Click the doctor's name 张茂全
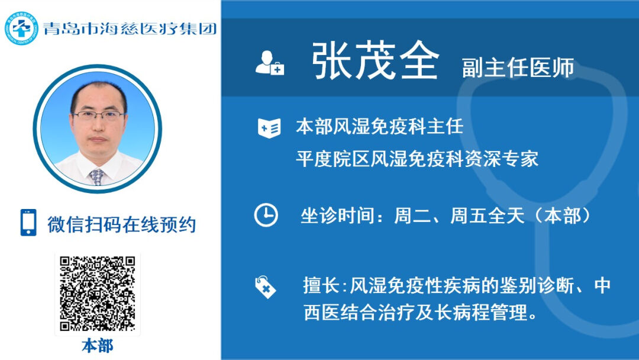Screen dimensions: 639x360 [375, 61]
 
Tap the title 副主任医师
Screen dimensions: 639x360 [518, 67]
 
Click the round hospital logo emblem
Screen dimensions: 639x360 [21, 28]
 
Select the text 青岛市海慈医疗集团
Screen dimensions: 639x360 [130, 28]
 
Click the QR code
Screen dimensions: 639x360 [98, 294]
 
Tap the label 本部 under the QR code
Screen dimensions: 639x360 [98, 346]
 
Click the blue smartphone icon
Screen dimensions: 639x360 [28, 223]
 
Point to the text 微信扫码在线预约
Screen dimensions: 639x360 [122, 224]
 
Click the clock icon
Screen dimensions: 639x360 [266, 215]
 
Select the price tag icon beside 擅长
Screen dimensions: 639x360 [265, 287]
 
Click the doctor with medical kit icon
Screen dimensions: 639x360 [269, 63]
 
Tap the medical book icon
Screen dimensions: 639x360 [269, 128]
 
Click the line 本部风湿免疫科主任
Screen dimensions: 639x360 [379, 126]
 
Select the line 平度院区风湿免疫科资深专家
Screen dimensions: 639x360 [417, 159]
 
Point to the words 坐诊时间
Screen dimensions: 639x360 [337, 216]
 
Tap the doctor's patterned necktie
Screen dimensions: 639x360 [97, 177]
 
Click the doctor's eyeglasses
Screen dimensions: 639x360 [99, 115]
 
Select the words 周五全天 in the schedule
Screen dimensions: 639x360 [487, 216]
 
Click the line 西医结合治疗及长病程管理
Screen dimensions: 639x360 [420, 313]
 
